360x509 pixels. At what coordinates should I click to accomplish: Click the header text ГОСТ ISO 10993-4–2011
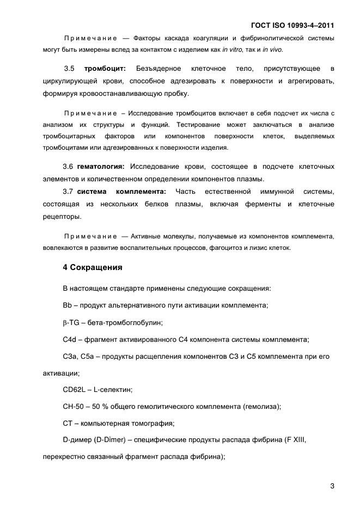292,25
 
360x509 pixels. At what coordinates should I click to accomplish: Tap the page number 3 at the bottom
332,486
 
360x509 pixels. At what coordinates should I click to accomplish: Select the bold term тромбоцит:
105,69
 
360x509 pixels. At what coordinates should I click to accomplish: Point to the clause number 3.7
68,192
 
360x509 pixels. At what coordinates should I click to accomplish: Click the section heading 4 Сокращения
92,268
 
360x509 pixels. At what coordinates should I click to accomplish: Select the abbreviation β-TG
71,322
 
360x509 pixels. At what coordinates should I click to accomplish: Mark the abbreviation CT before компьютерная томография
68,423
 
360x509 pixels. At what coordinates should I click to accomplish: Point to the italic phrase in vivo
272,50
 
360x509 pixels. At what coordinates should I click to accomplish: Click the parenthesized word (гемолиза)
255,407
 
